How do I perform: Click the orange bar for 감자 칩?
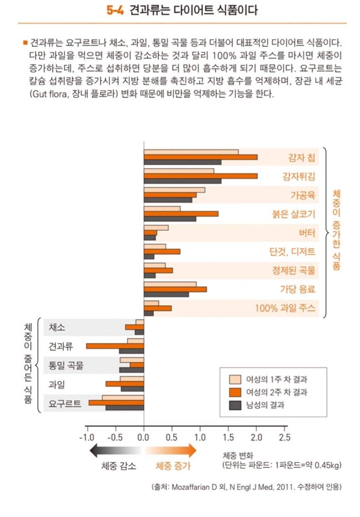pyautogui.click(x=200, y=157)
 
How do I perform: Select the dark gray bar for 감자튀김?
pyautogui.click(x=182, y=181)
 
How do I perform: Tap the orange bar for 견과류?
pyautogui.click(x=115, y=346)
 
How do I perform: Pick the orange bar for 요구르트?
pyautogui.click(x=116, y=403)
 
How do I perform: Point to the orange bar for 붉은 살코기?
pyautogui.click(x=181, y=214)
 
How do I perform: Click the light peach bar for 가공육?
pyautogui.click(x=174, y=190)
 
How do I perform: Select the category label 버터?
pyautogui.click(x=307, y=233)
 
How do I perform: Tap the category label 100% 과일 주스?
pyautogui.click(x=285, y=308)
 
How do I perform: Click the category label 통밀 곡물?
pyautogui.click(x=66, y=365)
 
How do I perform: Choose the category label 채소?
pyautogui.click(x=57, y=327)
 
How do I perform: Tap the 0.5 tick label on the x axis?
pyautogui.click(x=171, y=437)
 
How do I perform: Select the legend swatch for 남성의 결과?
pyautogui.click(x=235, y=405)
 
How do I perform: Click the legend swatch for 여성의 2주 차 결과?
pyautogui.click(x=235, y=392)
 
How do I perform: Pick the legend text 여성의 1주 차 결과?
pyautogui.click(x=276, y=379)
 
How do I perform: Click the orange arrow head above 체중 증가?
pyautogui.click(x=192, y=450)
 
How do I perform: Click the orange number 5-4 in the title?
pyautogui.click(x=115, y=10)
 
